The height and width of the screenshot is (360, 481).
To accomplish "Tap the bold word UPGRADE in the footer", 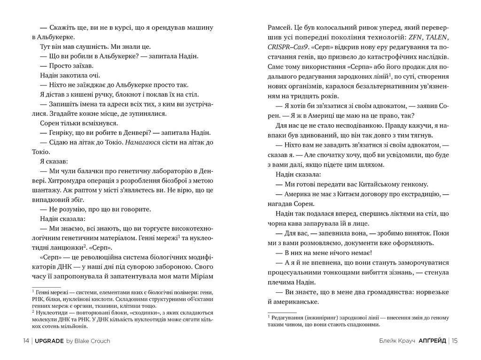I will (50, 341).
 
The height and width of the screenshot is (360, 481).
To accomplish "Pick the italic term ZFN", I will (414, 38).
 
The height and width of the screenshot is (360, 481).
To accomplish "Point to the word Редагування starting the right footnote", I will (286, 318).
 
